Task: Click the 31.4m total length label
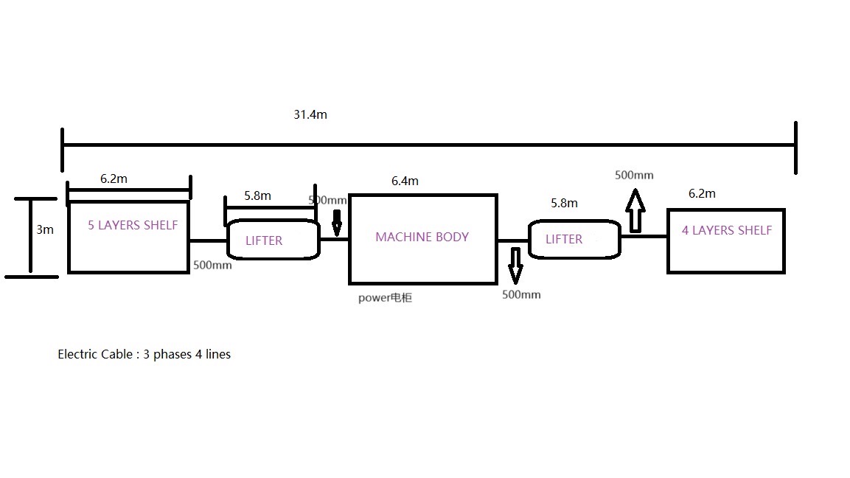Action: click(x=310, y=114)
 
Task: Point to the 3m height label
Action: click(x=45, y=229)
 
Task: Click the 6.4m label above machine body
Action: click(x=405, y=181)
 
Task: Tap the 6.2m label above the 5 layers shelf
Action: click(x=114, y=179)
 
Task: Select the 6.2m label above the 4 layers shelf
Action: click(x=702, y=193)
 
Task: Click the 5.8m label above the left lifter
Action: click(x=257, y=195)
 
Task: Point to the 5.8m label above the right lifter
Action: click(x=564, y=203)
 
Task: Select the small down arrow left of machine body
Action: click(x=337, y=223)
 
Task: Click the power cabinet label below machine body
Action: click(x=385, y=297)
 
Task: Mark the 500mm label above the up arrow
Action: click(x=634, y=175)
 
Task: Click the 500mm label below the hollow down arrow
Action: click(x=521, y=294)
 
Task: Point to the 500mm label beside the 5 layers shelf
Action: click(x=212, y=265)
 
